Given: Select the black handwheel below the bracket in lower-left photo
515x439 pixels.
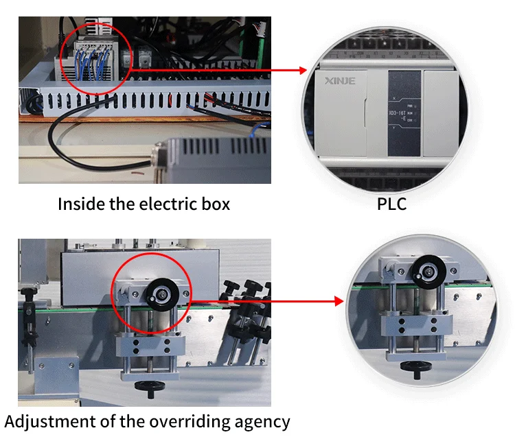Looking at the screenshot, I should (x=148, y=390).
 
